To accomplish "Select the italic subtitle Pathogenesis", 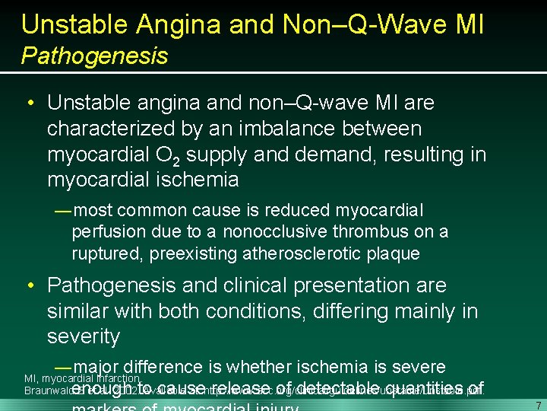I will coord(94,56).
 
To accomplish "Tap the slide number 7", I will coord(537,405).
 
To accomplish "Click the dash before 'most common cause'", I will coord(63,210).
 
